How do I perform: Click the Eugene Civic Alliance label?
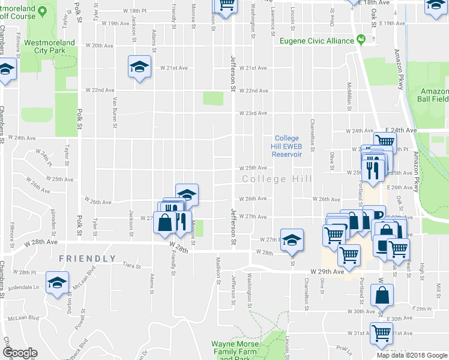click(x=318, y=41)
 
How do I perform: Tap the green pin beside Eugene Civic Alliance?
click(x=361, y=40)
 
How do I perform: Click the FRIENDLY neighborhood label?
click(x=87, y=259)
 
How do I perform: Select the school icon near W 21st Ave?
click(x=139, y=66)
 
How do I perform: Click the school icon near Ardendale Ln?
click(x=57, y=283)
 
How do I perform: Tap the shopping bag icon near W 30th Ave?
click(x=382, y=295)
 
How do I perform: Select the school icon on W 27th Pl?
click(x=291, y=241)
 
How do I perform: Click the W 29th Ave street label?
click(x=327, y=272)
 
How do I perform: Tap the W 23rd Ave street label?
click(x=253, y=113)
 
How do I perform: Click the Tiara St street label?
click(x=130, y=265)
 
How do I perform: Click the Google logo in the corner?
click(x=20, y=353)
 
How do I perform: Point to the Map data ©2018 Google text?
click(x=411, y=355)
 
